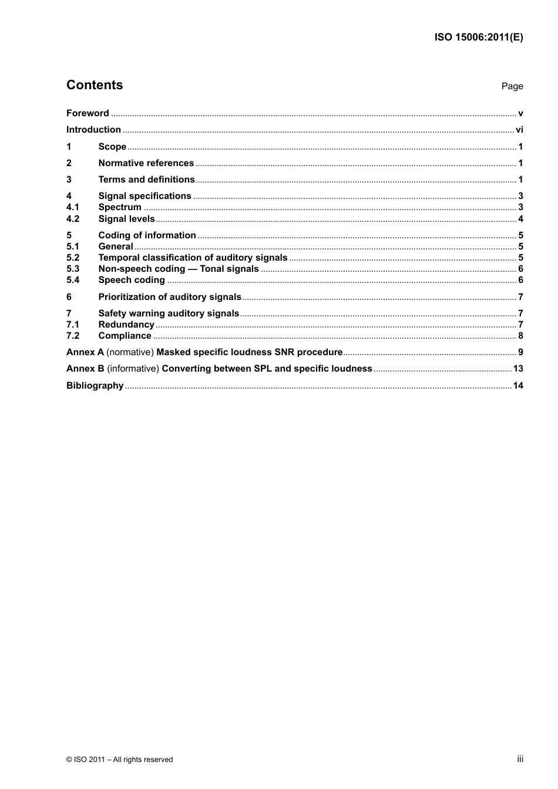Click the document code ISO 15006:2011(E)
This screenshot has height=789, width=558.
click(x=478, y=37)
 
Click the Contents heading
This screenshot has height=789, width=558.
click(x=95, y=85)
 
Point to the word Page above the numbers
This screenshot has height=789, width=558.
click(x=512, y=86)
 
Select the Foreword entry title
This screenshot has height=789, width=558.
click(x=88, y=113)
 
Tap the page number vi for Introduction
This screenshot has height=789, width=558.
click(x=519, y=130)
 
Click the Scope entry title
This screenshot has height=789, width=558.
click(x=112, y=147)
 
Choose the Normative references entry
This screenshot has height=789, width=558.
click(x=146, y=163)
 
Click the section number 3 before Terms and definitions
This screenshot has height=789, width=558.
click(x=69, y=180)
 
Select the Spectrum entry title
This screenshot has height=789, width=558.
click(x=120, y=207)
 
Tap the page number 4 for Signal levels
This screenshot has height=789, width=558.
click(x=520, y=219)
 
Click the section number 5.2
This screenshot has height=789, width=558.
click(x=73, y=258)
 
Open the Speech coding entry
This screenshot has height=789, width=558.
click(x=132, y=280)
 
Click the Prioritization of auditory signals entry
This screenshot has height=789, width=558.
click(x=170, y=297)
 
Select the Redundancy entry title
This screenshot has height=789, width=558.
click(x=126, y=325)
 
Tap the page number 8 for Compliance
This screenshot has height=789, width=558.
click(x=520, y=336)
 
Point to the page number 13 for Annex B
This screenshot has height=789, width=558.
click(x=518, y=369)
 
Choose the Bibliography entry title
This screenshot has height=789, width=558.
click(x=95, y=386)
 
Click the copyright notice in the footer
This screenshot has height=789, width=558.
click(x=120, y=760)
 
